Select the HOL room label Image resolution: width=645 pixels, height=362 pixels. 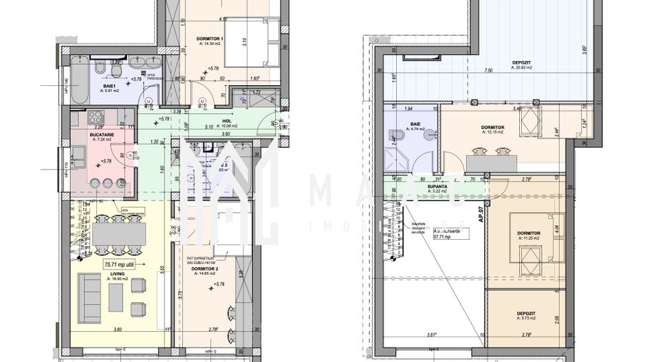tap(225, 121)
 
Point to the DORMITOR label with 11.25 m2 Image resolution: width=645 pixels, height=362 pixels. tap(529, 233)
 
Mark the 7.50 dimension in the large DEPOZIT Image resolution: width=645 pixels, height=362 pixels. tap(488, 70)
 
